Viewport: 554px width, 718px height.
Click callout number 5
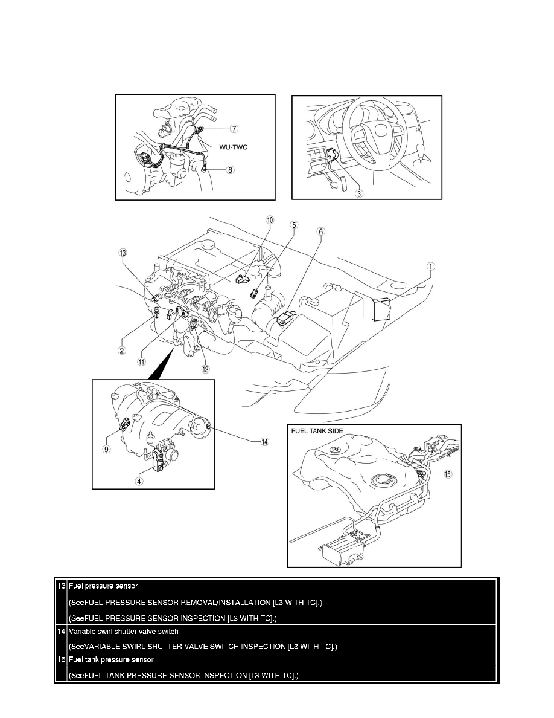coord(294,225)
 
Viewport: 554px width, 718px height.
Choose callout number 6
coord(320,231)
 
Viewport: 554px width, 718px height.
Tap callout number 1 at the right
coord(431,265)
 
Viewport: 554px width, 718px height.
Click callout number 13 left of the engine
coord(124,254)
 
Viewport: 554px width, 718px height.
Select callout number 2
coord(121,349)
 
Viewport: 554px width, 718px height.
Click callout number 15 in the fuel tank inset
coord(447,474)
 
